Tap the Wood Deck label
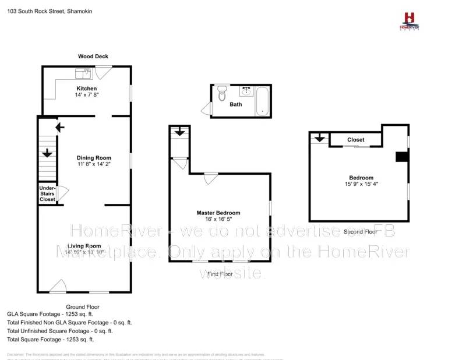(93, 57)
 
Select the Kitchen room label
(86, 89)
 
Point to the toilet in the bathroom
(221, 94)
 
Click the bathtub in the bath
(262, 100)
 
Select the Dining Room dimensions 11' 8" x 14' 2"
(94, 164)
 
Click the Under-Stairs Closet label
(47, 194)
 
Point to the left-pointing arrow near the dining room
(59, 127)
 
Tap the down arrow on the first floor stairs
(179, 132)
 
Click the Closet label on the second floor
(355, 140)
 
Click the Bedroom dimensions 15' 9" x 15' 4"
(361, 184)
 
